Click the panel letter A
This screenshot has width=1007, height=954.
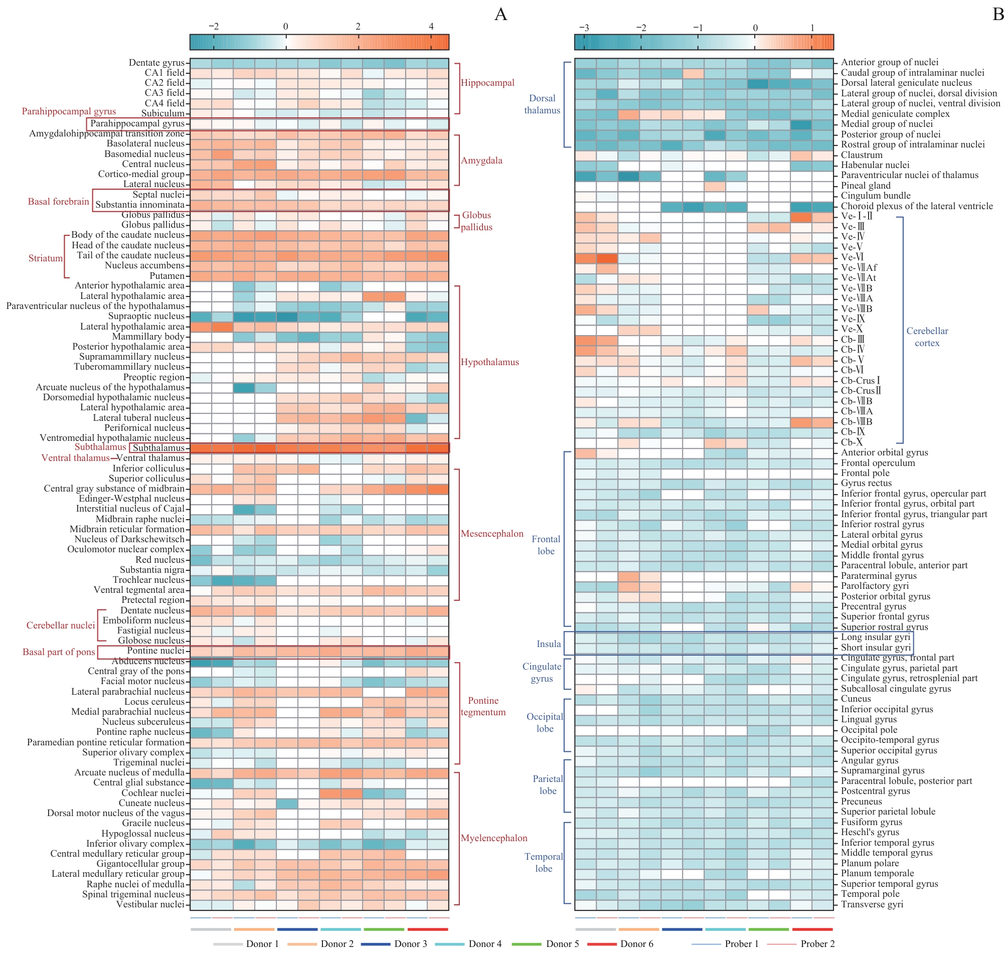click(500, 14)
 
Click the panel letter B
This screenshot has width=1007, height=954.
click(998, 14)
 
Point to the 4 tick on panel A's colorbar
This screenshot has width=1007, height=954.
click(431, 27)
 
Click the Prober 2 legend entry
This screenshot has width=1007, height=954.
click(817, 944)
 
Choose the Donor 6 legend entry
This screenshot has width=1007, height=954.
click(636, 944)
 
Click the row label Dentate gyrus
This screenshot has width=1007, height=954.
click(156, 63)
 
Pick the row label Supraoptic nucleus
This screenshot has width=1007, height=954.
click(146, 316)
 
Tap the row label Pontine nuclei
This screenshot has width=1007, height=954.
click(155, 651)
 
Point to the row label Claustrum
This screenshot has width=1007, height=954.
click(861, 154)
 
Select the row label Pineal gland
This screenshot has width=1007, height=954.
click(865, 185)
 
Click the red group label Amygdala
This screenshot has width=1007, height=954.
click(481, 160)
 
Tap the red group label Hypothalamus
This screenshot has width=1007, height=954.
click(489, 362)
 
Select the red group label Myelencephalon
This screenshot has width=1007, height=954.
click(493, 838)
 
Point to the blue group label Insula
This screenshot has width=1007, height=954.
click(549, 644)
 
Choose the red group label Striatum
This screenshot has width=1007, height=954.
click(45, 258)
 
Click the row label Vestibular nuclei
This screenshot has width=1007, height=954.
click(150, 904)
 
